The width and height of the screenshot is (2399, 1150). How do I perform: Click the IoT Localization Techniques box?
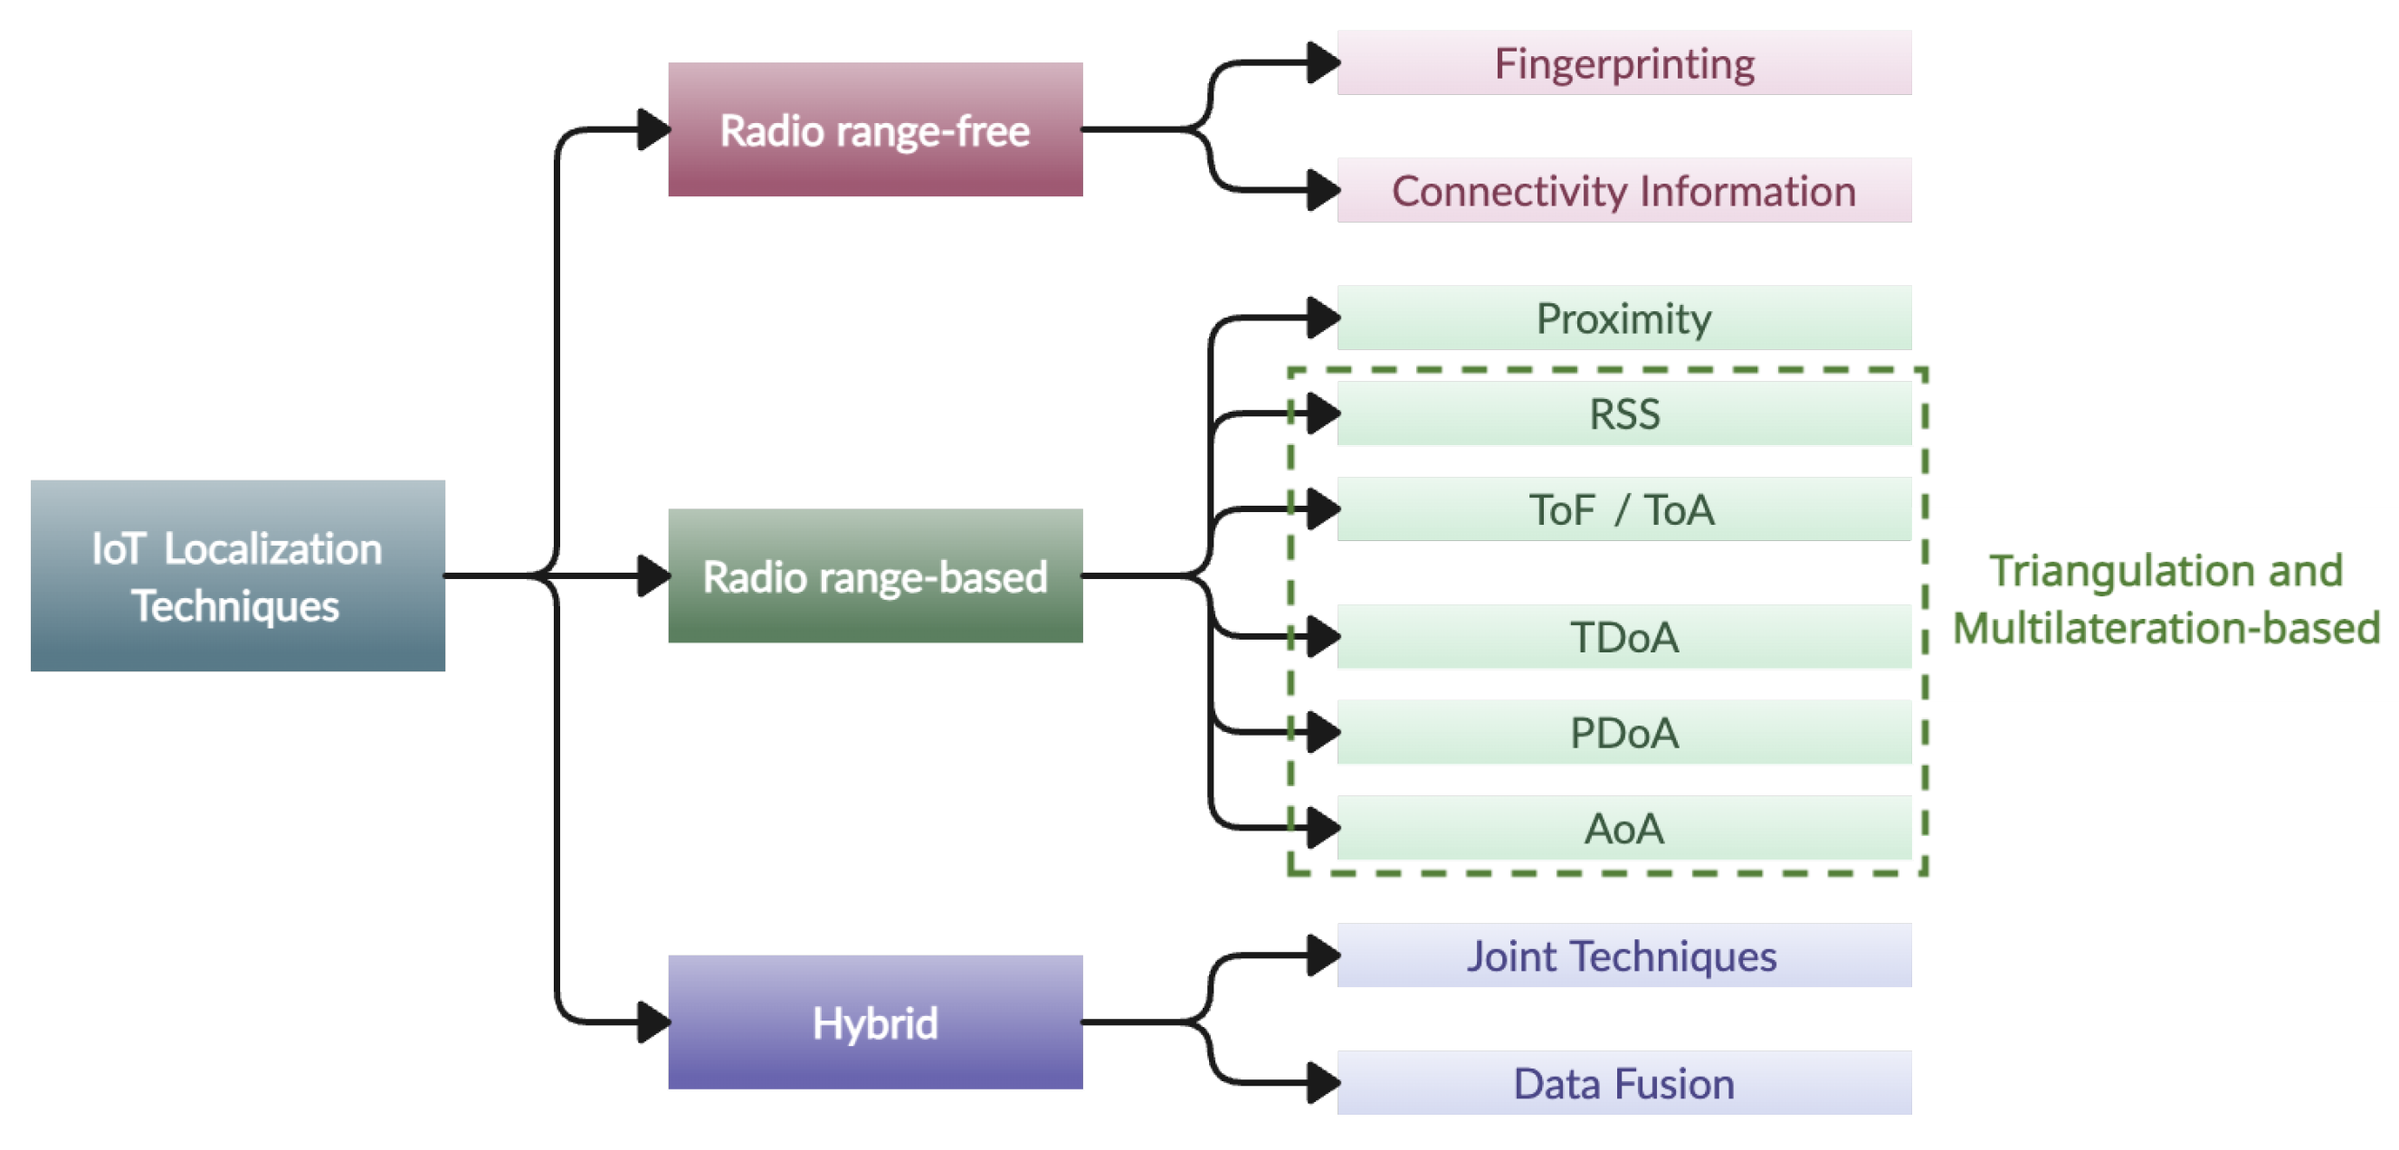pos(237,575)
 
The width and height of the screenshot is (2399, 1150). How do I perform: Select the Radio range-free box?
pos(874,129)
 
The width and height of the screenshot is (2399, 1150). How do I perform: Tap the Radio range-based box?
pos(874,575)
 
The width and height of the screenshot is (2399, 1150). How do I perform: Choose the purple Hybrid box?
pos(874,1022)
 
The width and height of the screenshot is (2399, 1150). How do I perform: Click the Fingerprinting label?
pos(1624,63)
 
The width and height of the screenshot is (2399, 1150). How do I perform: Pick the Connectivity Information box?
pos(1624,190)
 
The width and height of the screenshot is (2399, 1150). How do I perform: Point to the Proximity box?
pos(1624,318)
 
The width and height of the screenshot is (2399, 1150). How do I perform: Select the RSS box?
pos(1624,413)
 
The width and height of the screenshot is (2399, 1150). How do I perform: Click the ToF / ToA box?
pos(1624,509)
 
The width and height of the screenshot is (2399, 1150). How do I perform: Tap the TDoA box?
pos(1624,637)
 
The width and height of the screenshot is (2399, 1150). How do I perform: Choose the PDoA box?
pos(1624,732)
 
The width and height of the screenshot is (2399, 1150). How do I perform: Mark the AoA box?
pos(1624,828)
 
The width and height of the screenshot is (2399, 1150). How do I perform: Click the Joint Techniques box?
pos(1624,955)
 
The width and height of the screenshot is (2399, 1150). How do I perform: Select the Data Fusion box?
pos(1624,1083)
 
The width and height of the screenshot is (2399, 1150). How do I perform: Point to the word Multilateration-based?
pos(2166,628)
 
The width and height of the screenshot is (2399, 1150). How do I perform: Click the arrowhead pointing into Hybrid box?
pos(652,1022)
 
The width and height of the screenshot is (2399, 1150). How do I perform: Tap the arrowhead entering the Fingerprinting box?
pos(1322,63)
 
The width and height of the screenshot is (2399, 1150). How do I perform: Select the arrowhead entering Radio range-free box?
pos(652,129)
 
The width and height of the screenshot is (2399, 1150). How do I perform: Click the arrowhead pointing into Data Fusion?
pos(1322,1083)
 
